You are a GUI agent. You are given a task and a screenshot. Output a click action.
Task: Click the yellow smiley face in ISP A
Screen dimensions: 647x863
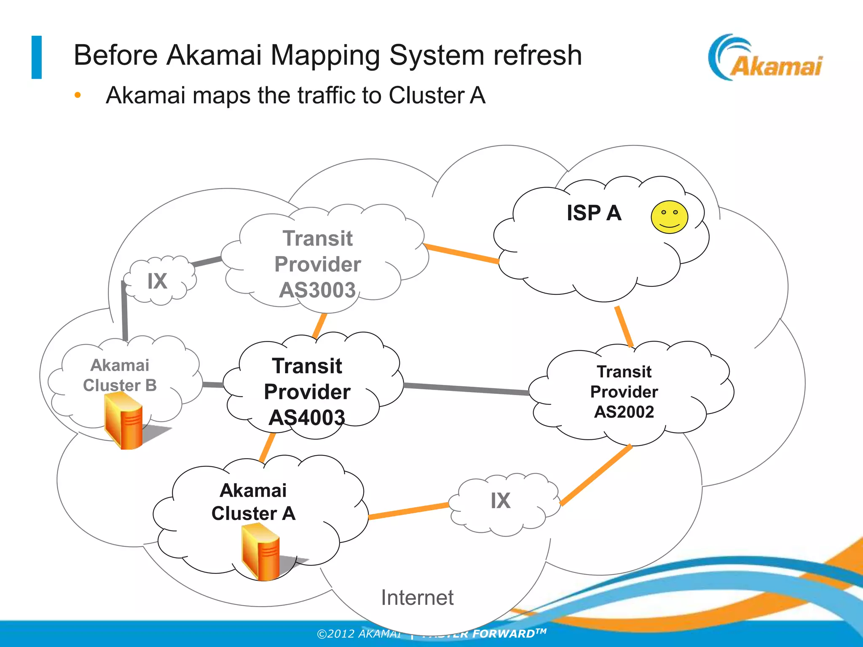[x=669, y=217]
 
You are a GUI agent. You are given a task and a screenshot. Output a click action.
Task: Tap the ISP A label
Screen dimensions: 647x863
[x=594, y=213]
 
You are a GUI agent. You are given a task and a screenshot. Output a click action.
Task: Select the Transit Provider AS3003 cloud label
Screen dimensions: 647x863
[x=318, y=264]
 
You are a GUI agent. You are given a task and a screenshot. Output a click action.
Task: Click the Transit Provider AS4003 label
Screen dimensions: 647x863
[x=307, y=392]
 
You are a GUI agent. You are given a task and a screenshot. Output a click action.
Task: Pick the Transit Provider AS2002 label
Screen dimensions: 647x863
[x=624, y=392]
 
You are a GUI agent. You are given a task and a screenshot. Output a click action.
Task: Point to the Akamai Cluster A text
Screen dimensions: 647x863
[x=253, y=502]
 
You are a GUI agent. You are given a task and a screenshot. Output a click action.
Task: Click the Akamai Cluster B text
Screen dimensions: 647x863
[x=120, y=375]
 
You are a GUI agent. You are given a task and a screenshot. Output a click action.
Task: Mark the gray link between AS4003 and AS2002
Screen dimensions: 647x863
[x=466, y=389]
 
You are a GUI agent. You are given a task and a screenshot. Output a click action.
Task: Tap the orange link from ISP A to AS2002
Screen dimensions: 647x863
[x=624, y=326]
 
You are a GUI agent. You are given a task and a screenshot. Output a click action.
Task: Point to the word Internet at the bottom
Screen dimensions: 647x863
[x=417, y=597]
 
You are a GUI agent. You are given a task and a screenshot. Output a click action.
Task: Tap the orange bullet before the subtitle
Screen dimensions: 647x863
[x=78, y=95]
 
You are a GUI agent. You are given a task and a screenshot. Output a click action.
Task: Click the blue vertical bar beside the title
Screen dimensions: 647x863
[x=37, y=57]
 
